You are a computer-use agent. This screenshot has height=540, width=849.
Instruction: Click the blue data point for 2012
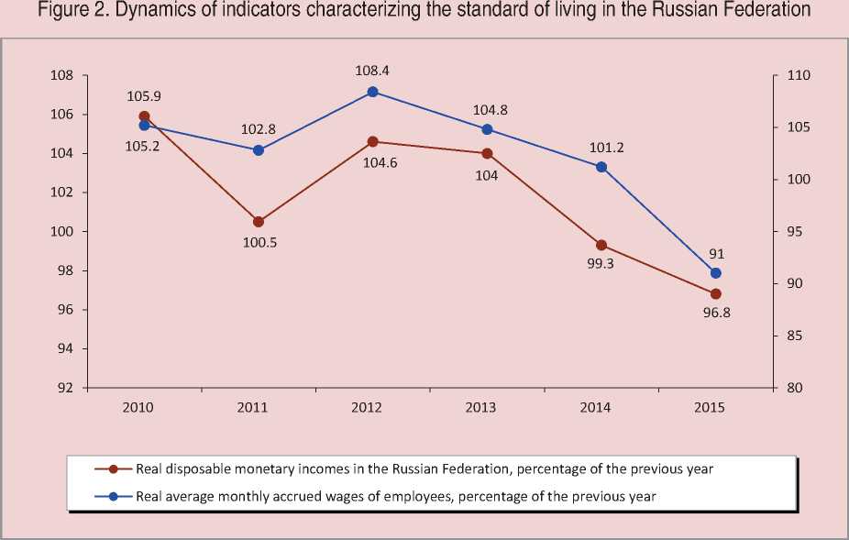point(372,92)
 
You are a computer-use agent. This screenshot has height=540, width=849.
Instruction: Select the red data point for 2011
point(259,222)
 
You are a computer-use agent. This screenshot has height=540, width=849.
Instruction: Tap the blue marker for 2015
point(716,273)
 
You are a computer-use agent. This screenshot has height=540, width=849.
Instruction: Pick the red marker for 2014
point(601,245)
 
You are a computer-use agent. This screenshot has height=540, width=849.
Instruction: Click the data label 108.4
point(373,69)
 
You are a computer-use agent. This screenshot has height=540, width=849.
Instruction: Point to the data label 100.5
point(259,245)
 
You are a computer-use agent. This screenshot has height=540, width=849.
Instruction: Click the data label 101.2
point(602,146)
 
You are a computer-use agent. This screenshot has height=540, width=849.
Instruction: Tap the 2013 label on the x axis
point(488,408)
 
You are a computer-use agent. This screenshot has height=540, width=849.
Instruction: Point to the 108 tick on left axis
point(62,76)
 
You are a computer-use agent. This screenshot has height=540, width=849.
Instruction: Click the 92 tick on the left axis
point(66,388)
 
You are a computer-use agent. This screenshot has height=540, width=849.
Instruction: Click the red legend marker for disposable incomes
point(114,468)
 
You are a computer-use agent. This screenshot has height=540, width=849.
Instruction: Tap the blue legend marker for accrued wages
point(114,497)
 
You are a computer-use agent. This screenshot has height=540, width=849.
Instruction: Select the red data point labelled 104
point(487,153)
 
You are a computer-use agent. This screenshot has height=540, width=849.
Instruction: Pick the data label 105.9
point(145,95)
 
